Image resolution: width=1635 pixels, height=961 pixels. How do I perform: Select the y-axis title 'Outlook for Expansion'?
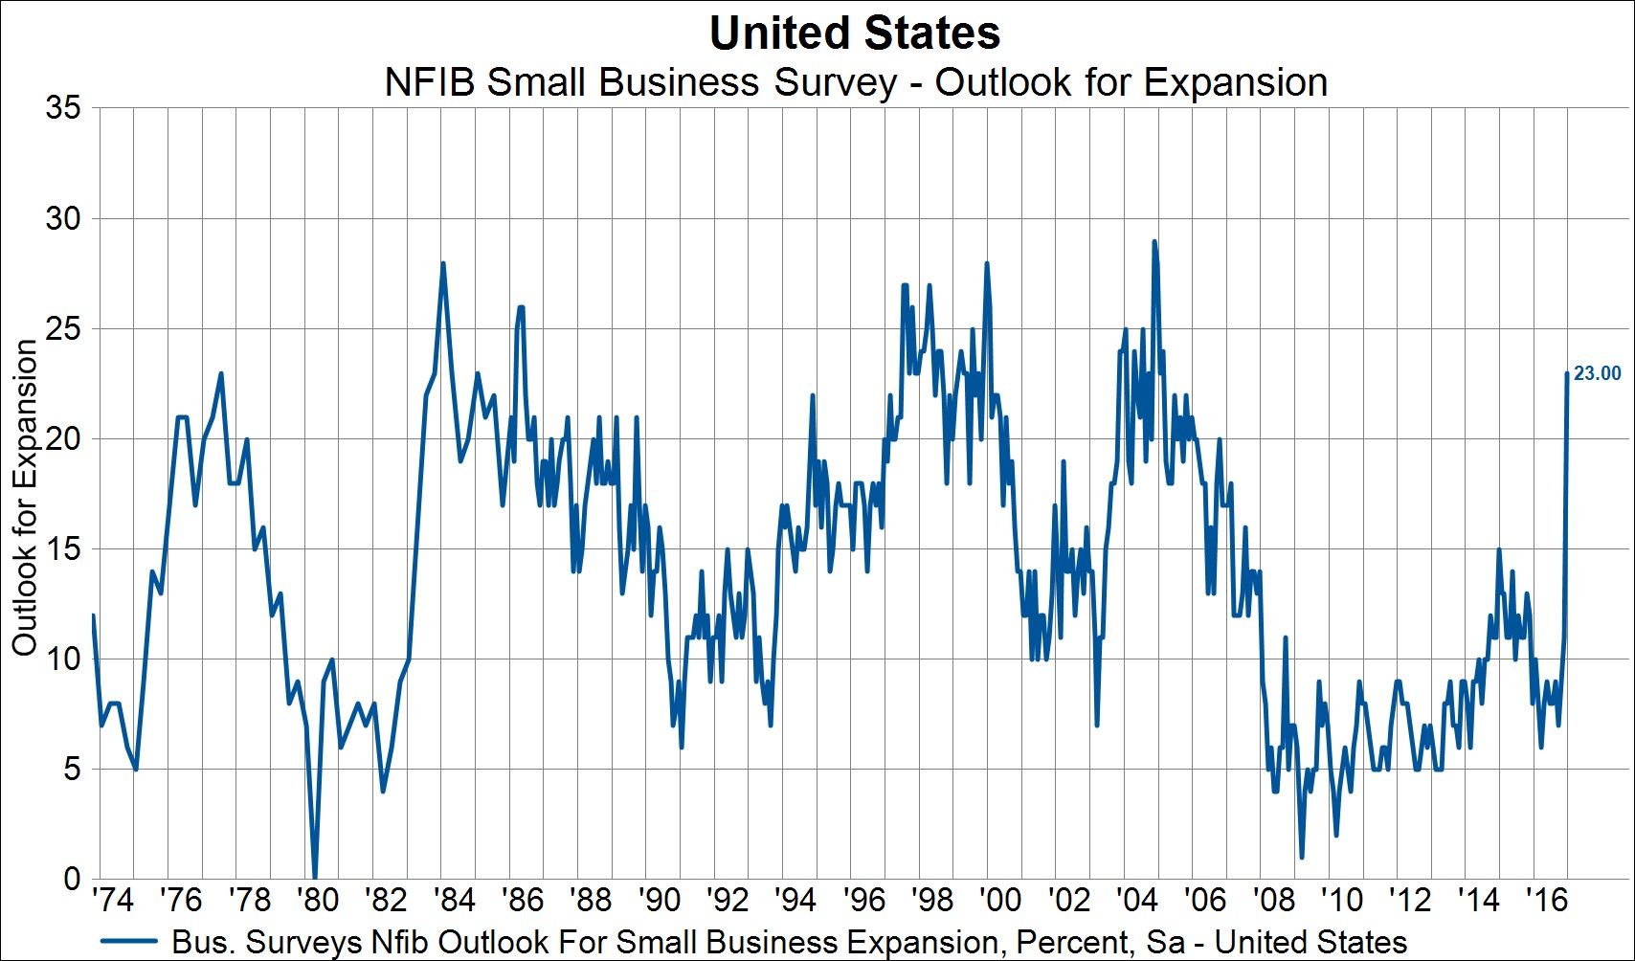coord(25,498)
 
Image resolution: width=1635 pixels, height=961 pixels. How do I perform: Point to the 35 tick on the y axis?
coord(63,107)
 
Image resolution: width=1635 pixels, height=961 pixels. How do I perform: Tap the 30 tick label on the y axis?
coord(63,218)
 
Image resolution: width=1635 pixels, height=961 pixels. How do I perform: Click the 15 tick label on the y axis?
coord(63,549)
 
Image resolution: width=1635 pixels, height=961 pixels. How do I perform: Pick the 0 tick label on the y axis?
coord(72,879)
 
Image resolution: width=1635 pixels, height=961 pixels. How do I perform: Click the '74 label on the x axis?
coord(112,900)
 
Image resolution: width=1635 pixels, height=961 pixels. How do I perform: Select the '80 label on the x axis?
coord(317,900)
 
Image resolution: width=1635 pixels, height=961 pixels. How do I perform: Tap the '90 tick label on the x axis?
coord(659,900)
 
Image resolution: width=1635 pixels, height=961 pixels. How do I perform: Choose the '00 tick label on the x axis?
coord(1000,900)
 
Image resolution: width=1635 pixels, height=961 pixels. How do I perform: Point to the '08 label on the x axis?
coord(1273,900)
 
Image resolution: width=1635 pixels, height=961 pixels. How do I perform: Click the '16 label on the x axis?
coord(1546,900)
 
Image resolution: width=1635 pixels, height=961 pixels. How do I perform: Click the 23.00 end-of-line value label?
coord(1598,374)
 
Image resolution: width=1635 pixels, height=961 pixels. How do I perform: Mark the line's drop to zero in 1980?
coord(315,877)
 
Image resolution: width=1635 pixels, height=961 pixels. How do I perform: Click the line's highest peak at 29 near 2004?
coord(1154,241)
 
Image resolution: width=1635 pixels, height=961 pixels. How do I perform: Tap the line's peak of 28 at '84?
coord(443,263)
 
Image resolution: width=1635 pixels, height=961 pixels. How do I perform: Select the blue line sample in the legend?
coord(128,942)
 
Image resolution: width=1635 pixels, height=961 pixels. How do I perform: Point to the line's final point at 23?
coord(1567,373)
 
